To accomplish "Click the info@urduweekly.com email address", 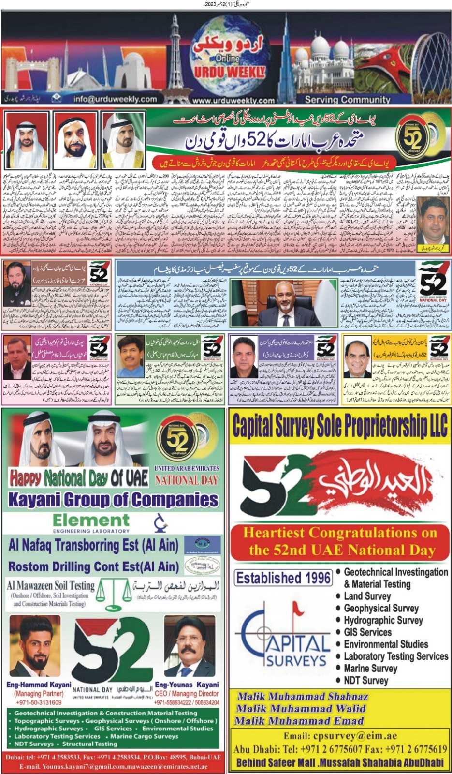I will [115, 99].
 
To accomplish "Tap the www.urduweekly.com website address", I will [233, 101].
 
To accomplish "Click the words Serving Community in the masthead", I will [347, 100].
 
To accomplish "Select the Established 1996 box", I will [283, 578].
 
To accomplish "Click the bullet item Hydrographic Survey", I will [383, 620].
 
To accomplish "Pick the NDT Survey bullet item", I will [365, 680].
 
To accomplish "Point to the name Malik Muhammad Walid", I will [301, 709].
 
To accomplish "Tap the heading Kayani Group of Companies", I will [113, 500].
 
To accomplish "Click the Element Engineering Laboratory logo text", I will [91, 523].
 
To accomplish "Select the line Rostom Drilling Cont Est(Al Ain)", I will [94, 566].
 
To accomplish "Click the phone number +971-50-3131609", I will [39, 702].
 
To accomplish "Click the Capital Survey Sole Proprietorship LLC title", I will [340, 426].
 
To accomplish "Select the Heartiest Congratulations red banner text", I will [340, 541].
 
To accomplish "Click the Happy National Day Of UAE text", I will [79, 478].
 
